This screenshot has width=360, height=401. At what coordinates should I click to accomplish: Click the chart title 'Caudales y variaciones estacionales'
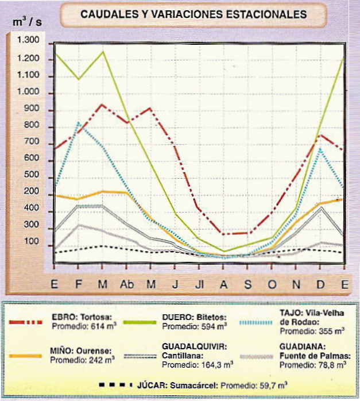click(193, 14)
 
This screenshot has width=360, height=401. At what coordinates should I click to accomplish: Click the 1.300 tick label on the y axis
click(28, 40)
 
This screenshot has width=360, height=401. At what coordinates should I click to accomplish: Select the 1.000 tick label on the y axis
click(28, 93)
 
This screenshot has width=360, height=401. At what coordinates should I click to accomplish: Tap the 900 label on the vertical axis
click(31, 110)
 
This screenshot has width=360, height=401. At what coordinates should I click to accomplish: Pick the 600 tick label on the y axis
click(31, 158)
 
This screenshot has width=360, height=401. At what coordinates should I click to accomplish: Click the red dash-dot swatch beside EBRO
click(26, 322)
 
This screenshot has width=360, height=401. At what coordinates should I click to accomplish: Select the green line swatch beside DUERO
click(137, 322)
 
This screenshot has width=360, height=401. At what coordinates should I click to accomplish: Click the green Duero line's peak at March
click(103, 52)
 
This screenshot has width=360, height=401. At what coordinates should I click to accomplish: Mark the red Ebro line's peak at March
click(102, 105)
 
